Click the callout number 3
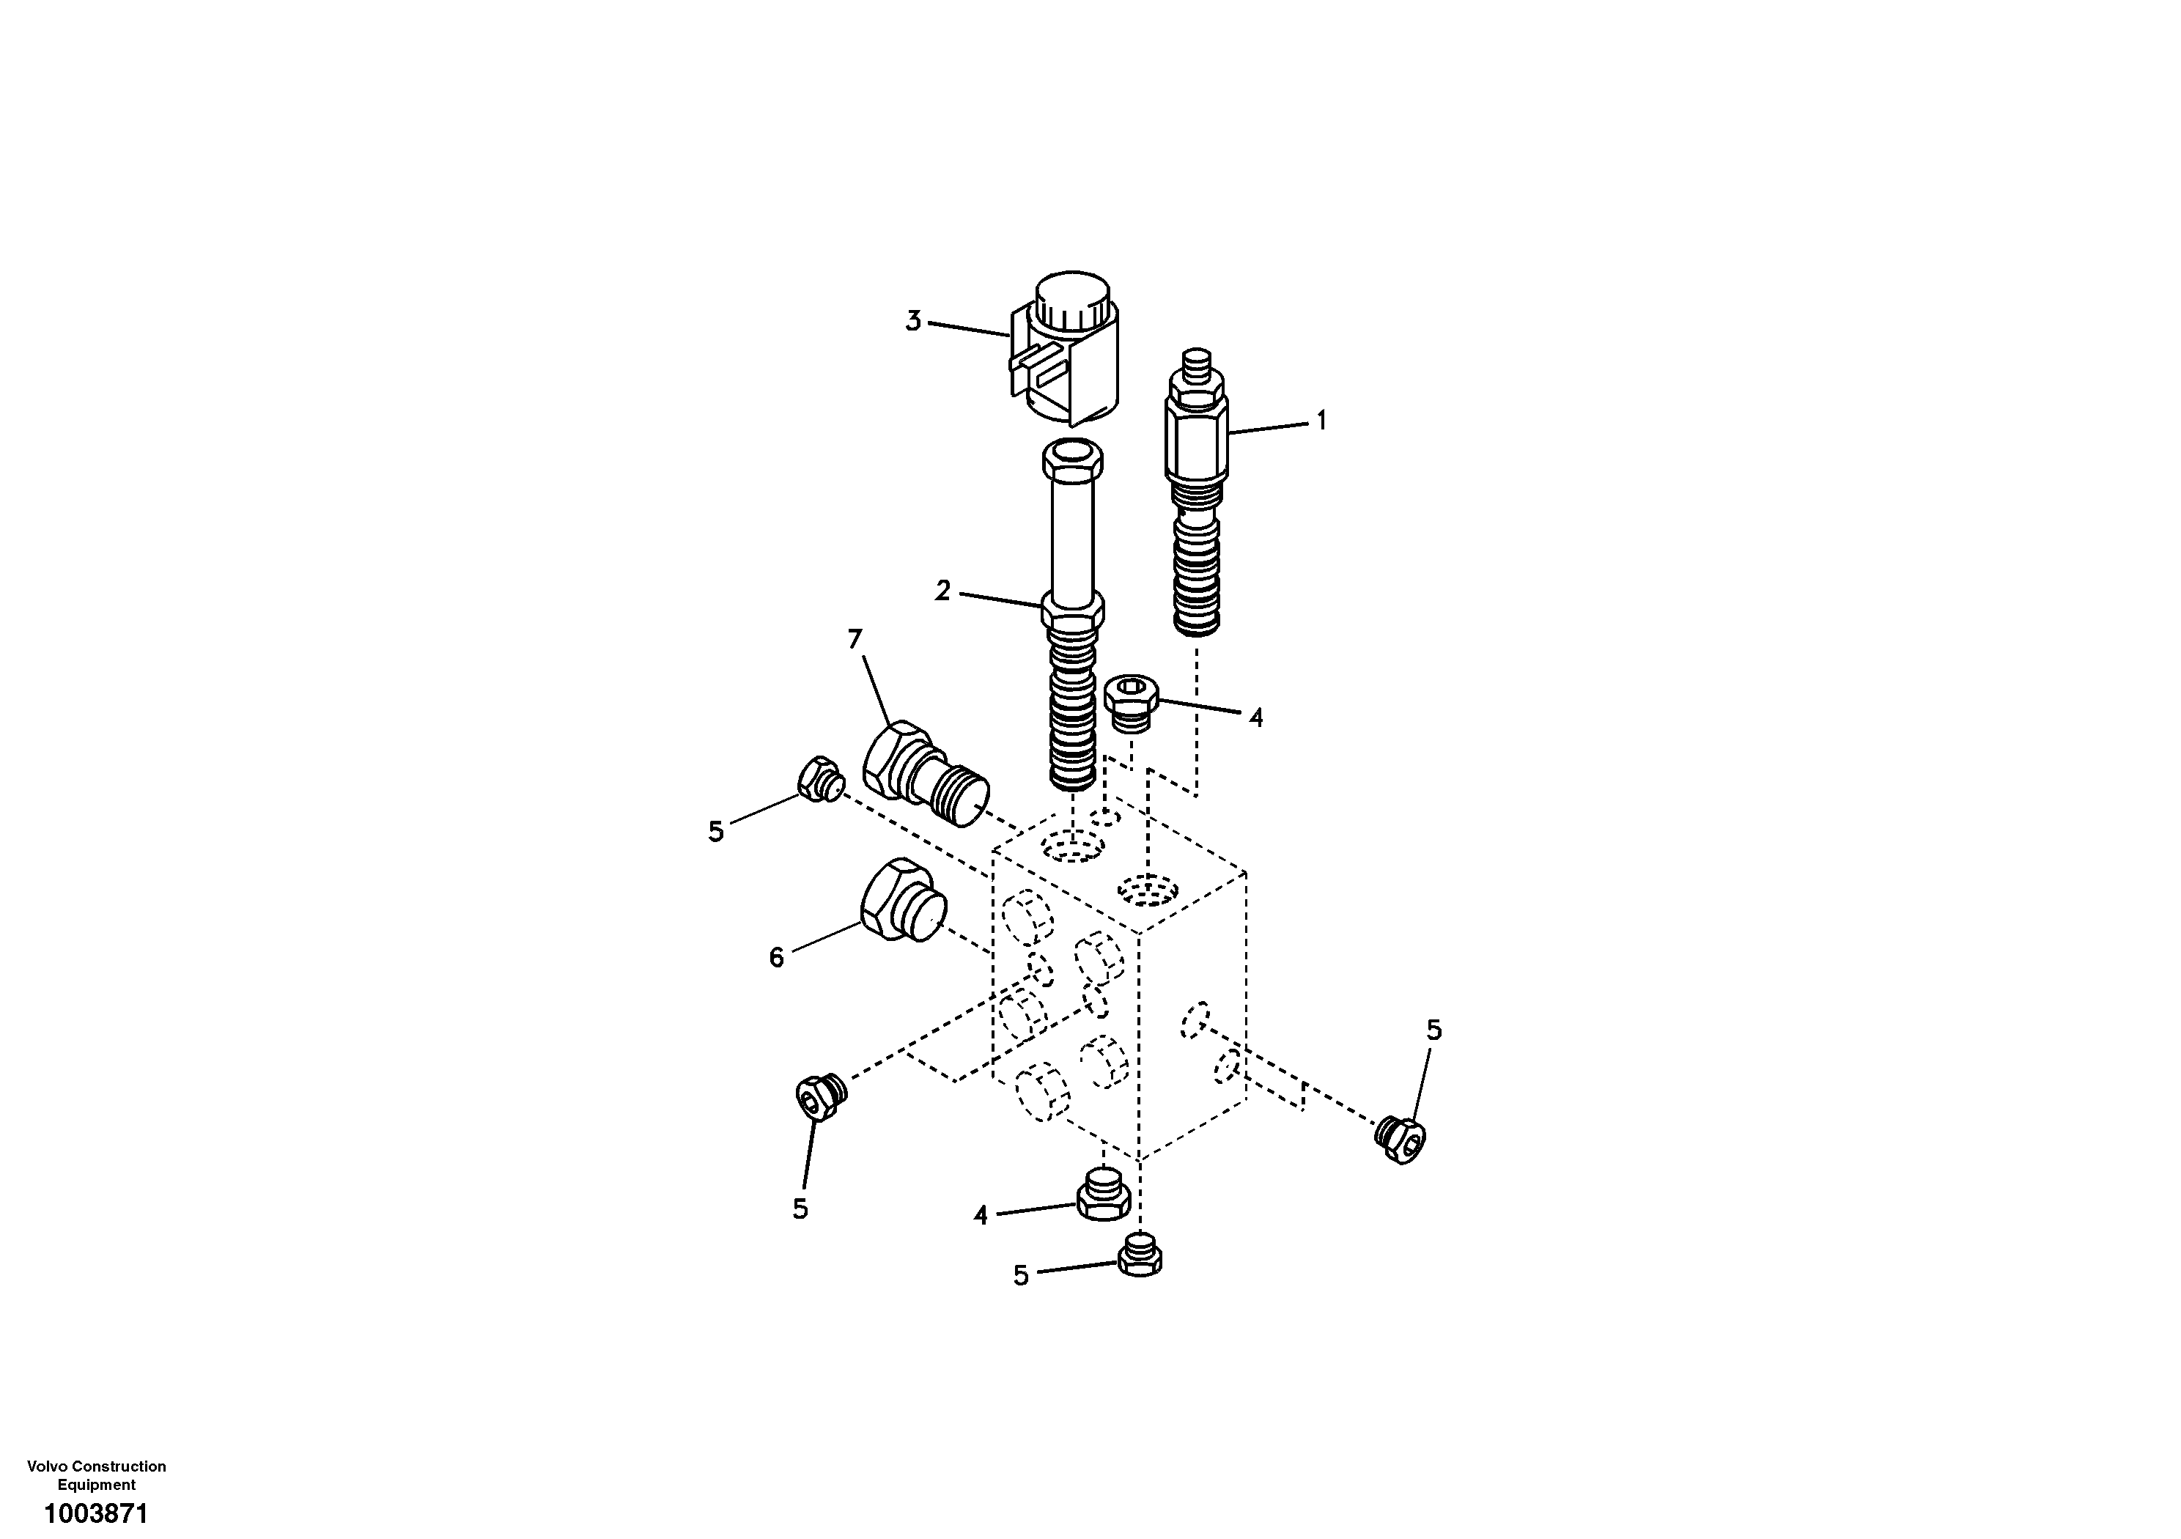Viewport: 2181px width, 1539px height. tap(913, 321)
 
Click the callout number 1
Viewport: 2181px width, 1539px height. tap(1321, 420)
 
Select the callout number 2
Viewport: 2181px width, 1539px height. tap(942, 591)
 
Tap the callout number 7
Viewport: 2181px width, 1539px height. tap(855, 639)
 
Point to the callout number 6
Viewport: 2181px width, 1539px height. tap(776, 958)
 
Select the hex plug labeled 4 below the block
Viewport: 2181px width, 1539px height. tap(1103, 1197)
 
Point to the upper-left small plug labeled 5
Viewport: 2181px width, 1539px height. tap(819, 779)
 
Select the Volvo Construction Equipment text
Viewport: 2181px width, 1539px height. tap(96, 1475)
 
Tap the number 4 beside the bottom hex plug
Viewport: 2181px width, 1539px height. tap(981, 1214)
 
